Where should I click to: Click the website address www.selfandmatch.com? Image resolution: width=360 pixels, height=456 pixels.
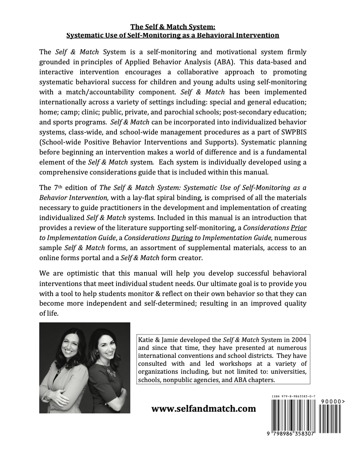(203, 409)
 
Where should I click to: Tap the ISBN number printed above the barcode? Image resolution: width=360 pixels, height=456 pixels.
(293, 395)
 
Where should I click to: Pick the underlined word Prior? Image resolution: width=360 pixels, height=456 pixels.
(298, 228)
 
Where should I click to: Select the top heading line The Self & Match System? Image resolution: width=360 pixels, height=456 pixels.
(172, 27)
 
